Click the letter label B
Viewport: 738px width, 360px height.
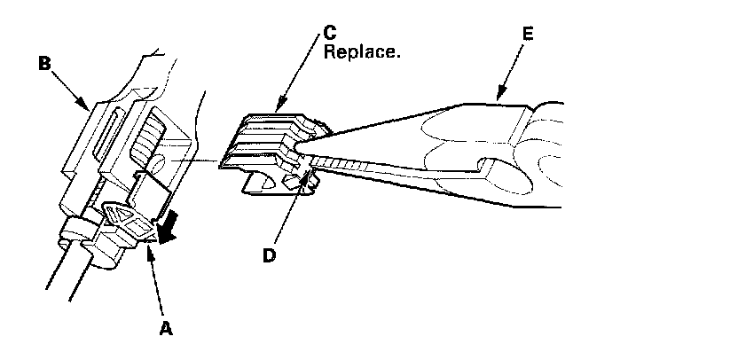point(44,63)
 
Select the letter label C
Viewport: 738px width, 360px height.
point(329,32)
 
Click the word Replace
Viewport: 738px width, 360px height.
point(363,52)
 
